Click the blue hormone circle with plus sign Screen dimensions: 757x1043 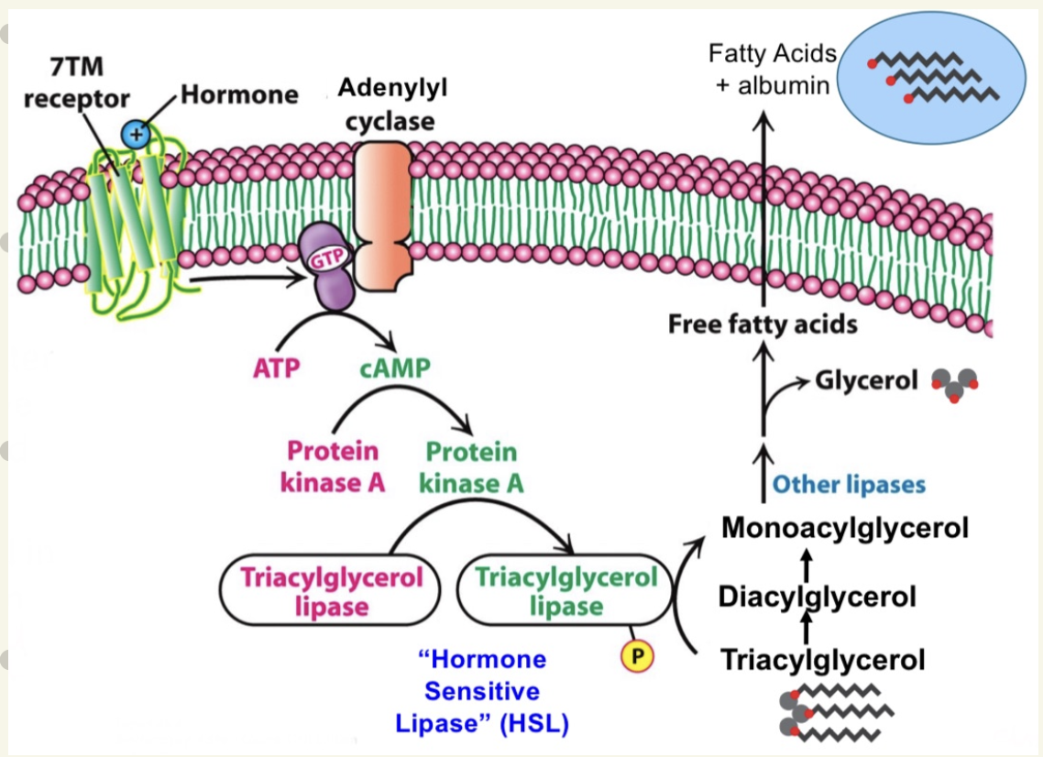[136, 135]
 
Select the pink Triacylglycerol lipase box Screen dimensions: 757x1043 [331, 590]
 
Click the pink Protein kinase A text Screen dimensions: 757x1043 [332, 466]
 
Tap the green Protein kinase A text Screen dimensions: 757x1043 [471, 466]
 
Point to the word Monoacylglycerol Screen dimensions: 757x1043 [844, 528]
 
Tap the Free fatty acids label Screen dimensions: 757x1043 [762, 324]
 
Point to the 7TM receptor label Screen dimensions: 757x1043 [76, 84]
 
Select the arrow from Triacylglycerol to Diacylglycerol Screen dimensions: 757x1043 [807, 630]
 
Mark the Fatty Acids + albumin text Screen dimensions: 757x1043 [772, 70]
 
